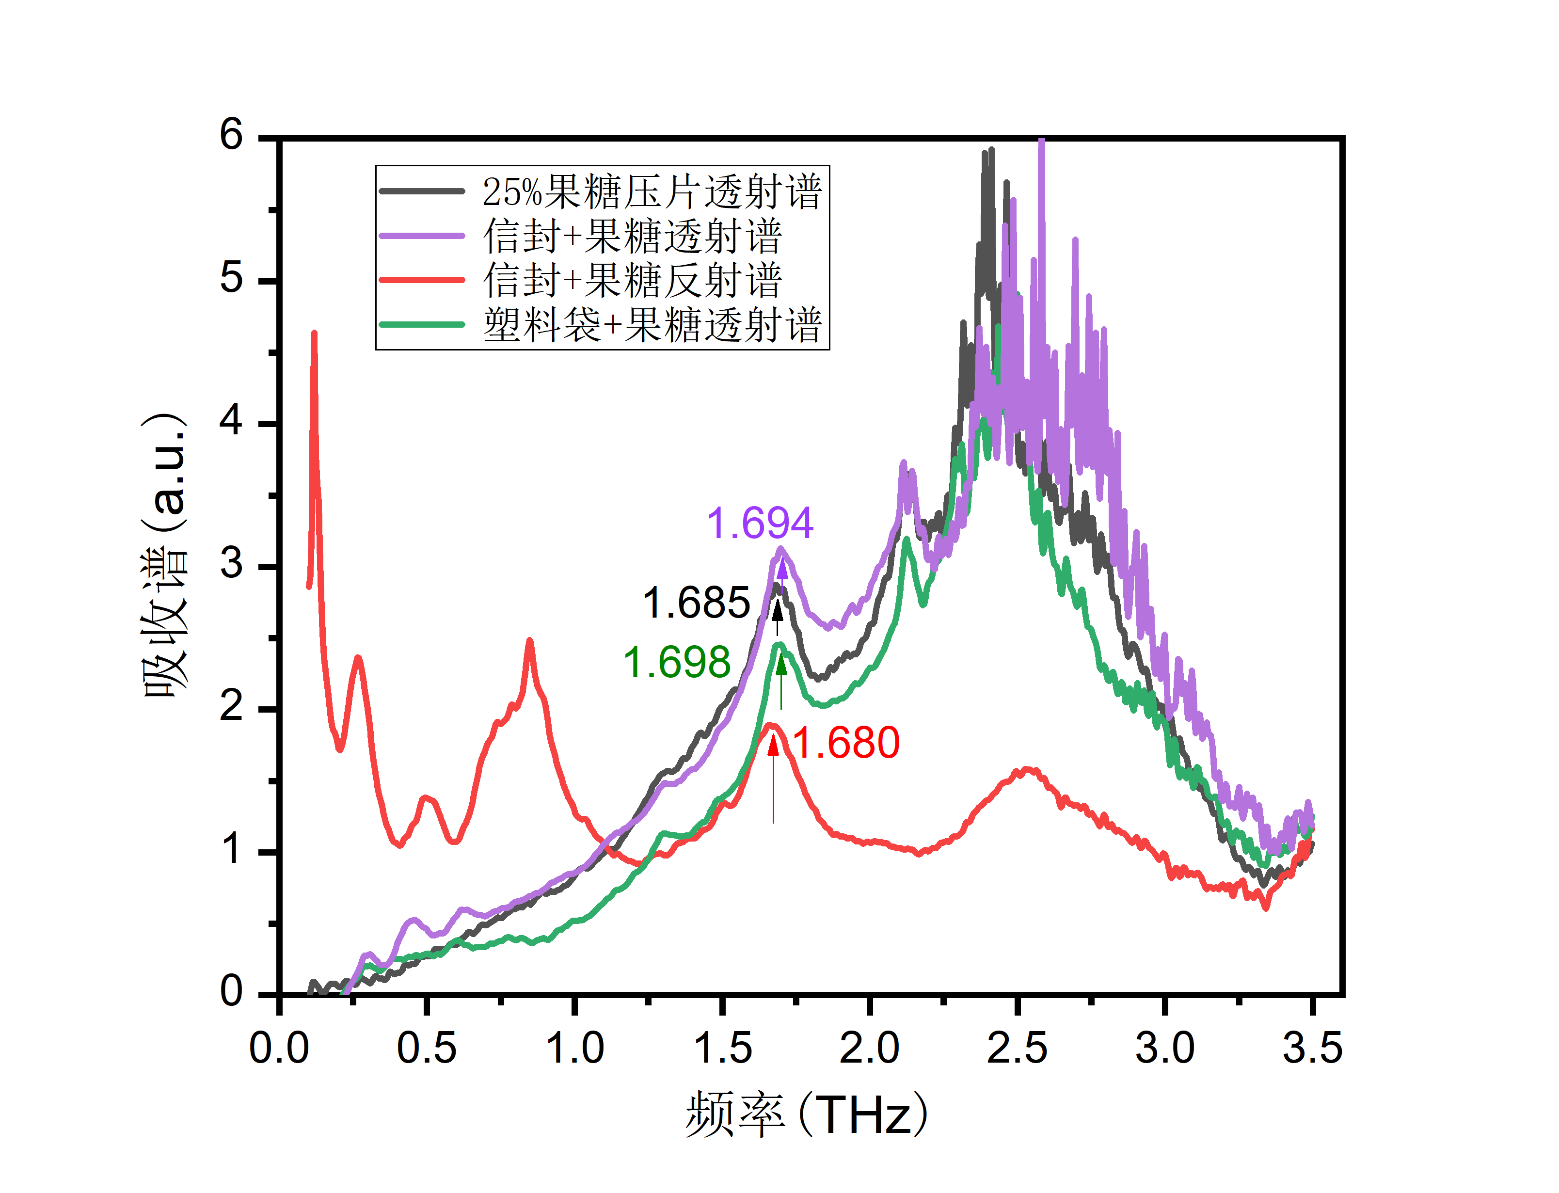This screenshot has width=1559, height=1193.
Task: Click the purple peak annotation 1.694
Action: pos(759,524)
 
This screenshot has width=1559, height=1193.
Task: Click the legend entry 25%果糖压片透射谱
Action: pos(652,192)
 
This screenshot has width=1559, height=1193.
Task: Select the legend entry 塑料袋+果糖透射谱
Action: pos(652,324)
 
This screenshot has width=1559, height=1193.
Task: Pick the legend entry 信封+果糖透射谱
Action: pos(632,236)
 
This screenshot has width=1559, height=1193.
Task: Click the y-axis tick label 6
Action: pos(231,134)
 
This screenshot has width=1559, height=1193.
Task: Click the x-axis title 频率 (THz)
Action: pos(806,1115)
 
